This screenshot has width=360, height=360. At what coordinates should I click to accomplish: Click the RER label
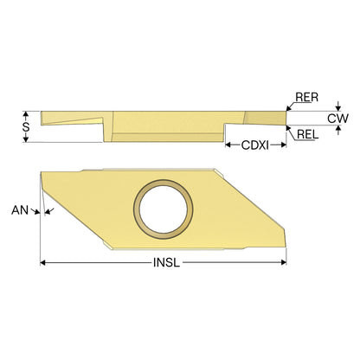coord(307,97)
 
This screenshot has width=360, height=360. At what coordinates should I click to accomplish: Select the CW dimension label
coord(337,119)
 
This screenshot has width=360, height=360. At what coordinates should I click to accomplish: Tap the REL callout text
coord(308,134)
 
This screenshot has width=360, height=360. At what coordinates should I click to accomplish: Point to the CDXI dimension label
coord(255,145)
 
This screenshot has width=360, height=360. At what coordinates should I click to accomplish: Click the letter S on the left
coord(26,126)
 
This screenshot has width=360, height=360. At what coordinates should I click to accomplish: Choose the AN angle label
coord(20,210)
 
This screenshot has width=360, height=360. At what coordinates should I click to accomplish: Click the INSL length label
coord(166,262)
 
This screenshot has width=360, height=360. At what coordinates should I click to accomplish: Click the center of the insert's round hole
coord(164,209)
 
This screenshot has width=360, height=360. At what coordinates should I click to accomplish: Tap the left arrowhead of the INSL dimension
coord(43,262)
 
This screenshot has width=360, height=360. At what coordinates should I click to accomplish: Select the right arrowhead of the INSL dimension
coord(283,262)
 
